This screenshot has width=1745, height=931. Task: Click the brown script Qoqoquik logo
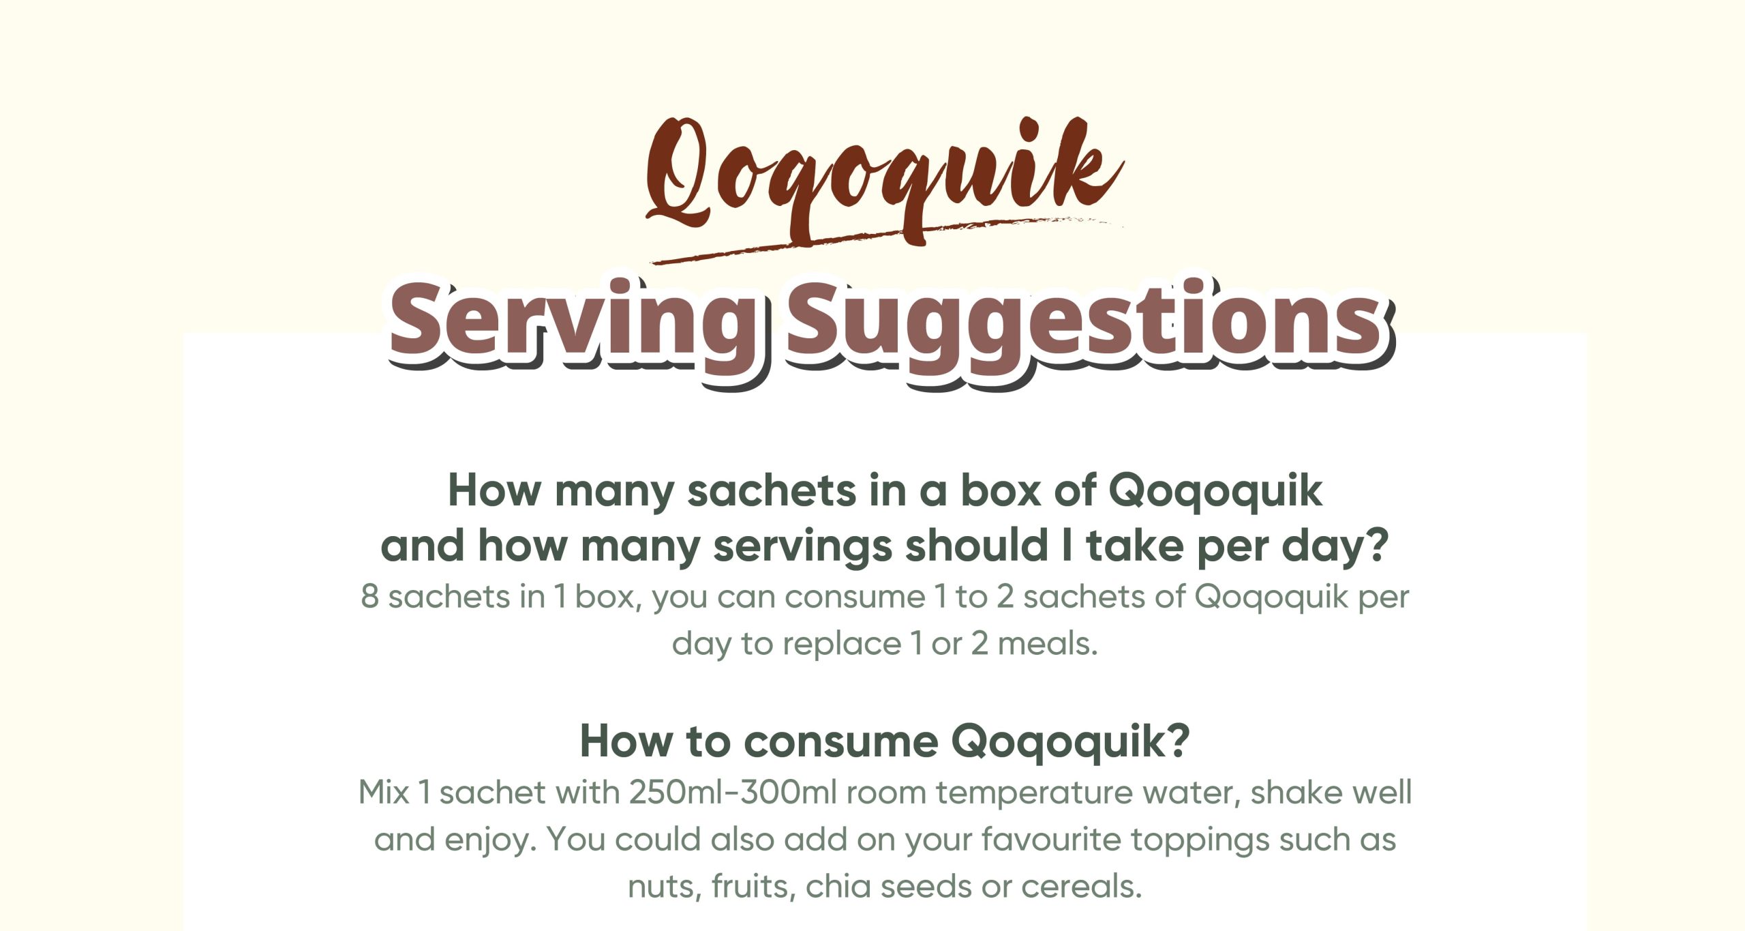(x=884, y=181)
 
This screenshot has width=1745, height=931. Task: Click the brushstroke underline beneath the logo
(x=886, y=240)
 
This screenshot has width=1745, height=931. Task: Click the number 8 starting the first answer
(x=369, y=596)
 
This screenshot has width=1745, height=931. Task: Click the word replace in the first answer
(x=842, y=645)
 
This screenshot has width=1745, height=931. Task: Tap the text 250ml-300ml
(x=733, y=793)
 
